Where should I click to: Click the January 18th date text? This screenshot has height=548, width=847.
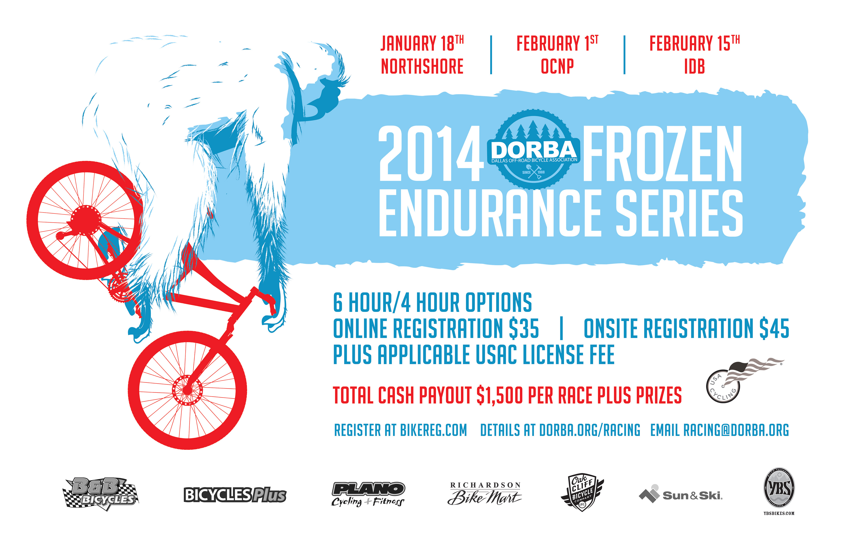click(x=422, y=43)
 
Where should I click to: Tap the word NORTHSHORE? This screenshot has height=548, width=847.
click(x=422, y=67)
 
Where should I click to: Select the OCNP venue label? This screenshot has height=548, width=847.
click(x=557, y=67)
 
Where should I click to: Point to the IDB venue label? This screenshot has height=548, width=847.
click(x=694, y=67)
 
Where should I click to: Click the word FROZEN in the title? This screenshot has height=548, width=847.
click(x=663, y=153)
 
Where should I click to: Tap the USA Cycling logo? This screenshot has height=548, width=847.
click(x=744, y=381)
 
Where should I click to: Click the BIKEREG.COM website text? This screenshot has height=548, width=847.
click(x=433, y=430)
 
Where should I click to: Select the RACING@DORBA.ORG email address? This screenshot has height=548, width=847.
click(x=736, y=430)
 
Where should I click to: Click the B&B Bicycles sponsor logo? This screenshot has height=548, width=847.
click(x=101, y=494)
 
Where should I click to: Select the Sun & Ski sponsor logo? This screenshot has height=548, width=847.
click(x=680, y=494)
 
